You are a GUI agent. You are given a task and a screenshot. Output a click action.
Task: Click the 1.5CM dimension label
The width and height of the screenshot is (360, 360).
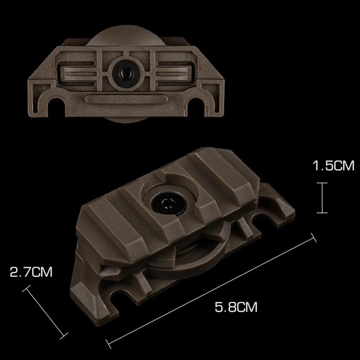pyautogui.click(x=333, y=166)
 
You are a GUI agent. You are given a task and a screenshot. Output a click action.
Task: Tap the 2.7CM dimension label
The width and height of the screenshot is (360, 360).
pyautogui.click(x=31, y=272)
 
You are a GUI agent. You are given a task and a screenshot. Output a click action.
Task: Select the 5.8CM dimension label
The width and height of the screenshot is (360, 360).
pyautogui.click(x=236, y=307)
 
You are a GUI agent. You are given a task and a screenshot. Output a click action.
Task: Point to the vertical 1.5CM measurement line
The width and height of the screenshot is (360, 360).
pyautogui.click(x=322, y=198)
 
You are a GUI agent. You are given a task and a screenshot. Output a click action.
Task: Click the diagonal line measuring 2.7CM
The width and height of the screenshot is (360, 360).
pyautogui.click(x=45, y=312)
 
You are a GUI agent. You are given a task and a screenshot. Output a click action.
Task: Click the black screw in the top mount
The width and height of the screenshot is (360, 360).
pyautogui.click(x=126, y=73)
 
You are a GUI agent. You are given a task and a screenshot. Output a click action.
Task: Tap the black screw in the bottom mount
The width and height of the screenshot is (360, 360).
pyautogui.click(x=168, y=202)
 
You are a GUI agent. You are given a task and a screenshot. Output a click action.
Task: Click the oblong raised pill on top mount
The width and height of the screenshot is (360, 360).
pyautogui.click(x=126, y=99)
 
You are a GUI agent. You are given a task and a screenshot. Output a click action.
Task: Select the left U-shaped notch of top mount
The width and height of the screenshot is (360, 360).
pyautogui.click(x=57, y=105)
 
